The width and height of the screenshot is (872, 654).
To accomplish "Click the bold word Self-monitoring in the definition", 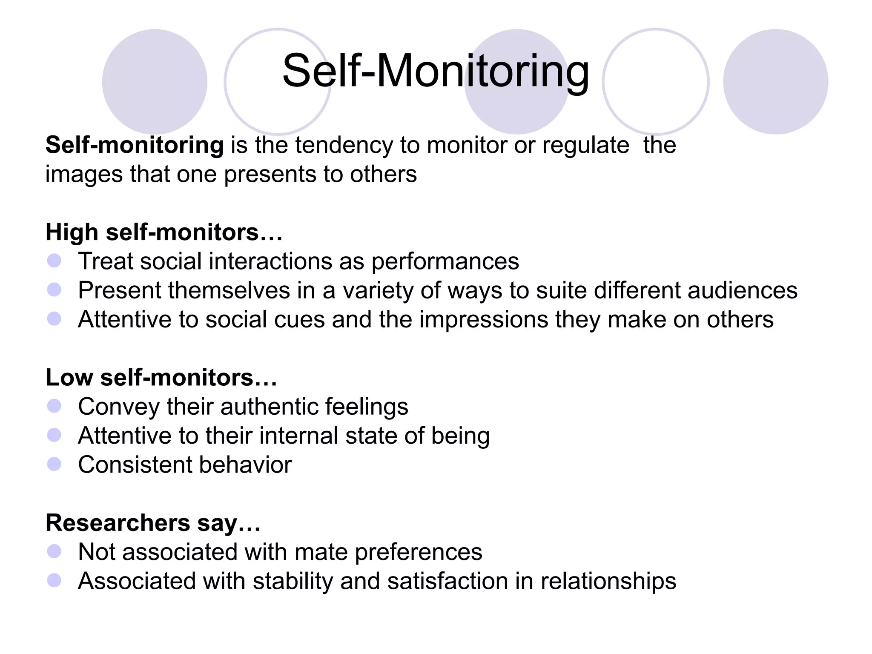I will (x=135, y=145).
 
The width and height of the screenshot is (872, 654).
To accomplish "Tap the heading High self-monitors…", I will (x=164, y=232).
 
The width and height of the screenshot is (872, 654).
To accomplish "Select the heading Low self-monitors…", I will (x=161, y=378).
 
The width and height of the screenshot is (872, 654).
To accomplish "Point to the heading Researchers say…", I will (x=153, y=523).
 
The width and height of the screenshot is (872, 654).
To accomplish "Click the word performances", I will (x=445, y=261).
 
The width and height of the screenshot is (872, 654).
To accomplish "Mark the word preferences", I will (x=419, y=552).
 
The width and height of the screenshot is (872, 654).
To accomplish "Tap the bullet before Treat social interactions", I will (x=54, y=261).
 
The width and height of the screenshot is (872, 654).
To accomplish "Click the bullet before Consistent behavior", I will (x=54, y=464).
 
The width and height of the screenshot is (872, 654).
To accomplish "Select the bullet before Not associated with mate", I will (x=54, y=551).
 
